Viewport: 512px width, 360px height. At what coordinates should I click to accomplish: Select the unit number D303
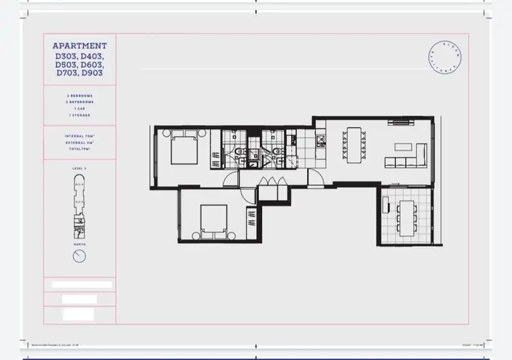tap(67, 55)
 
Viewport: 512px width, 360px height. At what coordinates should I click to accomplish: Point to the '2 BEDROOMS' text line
tap(79, 95)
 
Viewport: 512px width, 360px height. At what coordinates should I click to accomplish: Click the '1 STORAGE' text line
tap(79, 114)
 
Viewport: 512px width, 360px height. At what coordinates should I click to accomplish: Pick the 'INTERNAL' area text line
tap(79, 137)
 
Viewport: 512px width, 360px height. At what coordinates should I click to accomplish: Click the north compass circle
tap(79, 255)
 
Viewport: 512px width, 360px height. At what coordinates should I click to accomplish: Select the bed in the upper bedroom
tap(182, 146)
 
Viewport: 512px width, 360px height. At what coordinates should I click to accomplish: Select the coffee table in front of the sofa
tap(401, 146)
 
